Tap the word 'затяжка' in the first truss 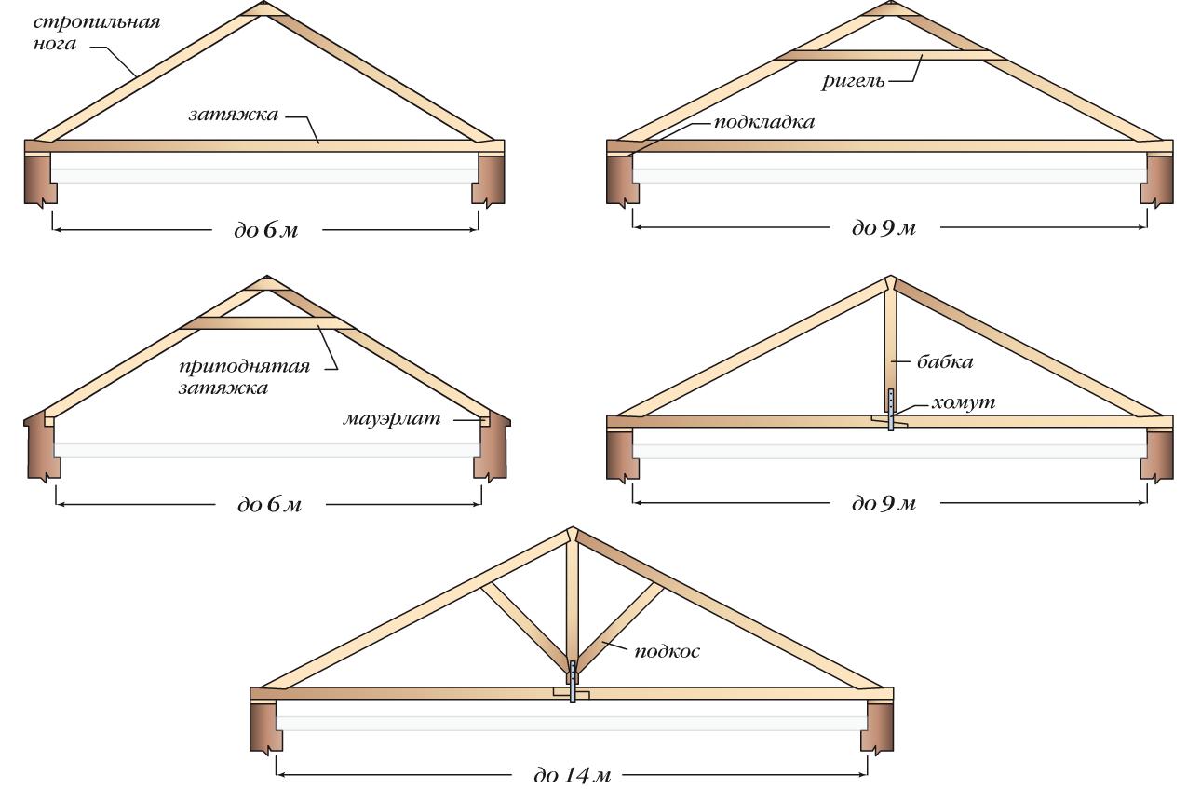pos(233,116)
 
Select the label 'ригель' pos(852,81)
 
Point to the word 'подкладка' pos(764,123)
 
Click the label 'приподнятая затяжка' pos(243,376)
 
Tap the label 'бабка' pos(945,360)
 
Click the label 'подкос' pos(667,651)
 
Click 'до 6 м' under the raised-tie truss pos(269,505)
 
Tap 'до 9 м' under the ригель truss pos(884,227)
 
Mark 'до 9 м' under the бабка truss pos(884,504)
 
